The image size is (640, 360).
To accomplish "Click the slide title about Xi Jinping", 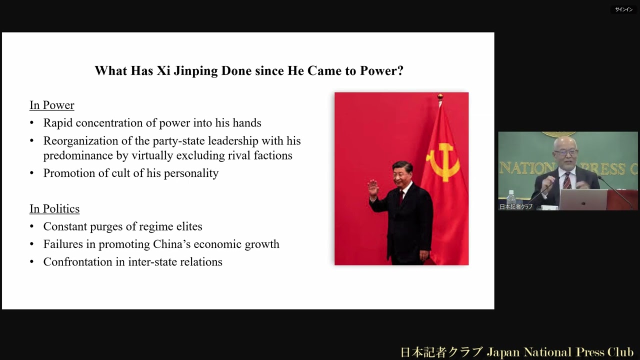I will pyautogui.click(x=249, y=70).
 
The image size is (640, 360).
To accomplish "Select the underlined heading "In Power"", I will pyautogui.click(x=52, y=105).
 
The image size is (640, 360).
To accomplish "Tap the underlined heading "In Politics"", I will pyautogui.click(x=54, y=208).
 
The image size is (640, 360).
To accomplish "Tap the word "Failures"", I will pyautogui.click(x=63, y=244).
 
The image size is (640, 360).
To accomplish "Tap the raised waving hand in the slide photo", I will pyautogui.click(x=373, y=188).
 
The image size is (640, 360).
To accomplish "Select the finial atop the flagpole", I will pyautogui.click(x=440, y=96).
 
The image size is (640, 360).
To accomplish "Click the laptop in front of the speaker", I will pyautogui.click(x=582, y=199).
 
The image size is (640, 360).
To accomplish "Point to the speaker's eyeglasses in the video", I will pyautogui.click(x=565, y=152).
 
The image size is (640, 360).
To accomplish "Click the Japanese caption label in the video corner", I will pyautogui.click(x=516, y=206).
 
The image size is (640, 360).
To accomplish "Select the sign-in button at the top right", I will pyautogui.click(x=623, y=9).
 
